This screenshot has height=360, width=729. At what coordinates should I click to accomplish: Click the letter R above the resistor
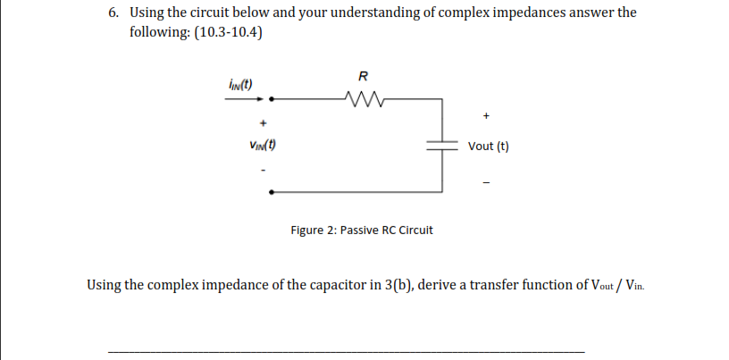[x=362, y=74]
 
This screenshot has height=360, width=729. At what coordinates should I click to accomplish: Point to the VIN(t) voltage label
[x=262, y=146]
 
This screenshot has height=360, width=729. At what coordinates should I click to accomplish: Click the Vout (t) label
[x=488, y=147]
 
